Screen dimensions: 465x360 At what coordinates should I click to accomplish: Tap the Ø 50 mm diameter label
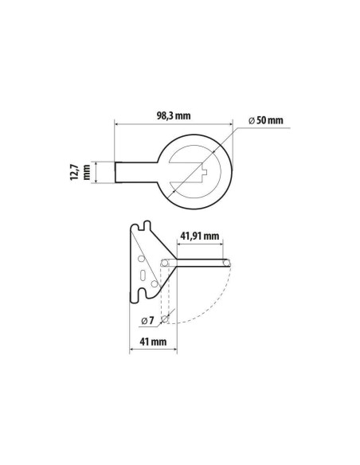click(x=266, y=120)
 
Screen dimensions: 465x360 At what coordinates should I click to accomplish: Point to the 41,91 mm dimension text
click(x=200, y=236)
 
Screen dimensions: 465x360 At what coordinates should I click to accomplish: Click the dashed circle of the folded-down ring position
click(x=165, y=318)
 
